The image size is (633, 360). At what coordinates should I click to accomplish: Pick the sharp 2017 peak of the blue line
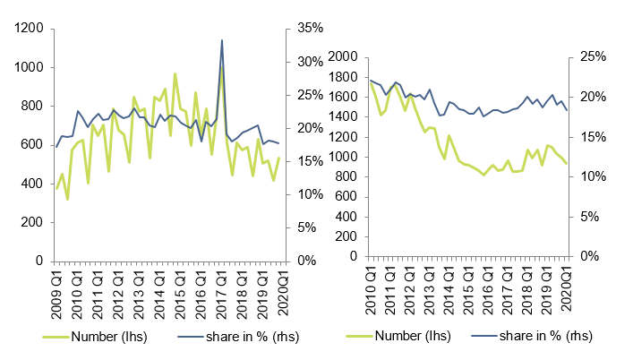[x=221, y=40]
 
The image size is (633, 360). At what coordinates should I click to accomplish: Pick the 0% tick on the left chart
[x=298, y=261]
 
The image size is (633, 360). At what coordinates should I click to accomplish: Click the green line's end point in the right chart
[x=567, y=163]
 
